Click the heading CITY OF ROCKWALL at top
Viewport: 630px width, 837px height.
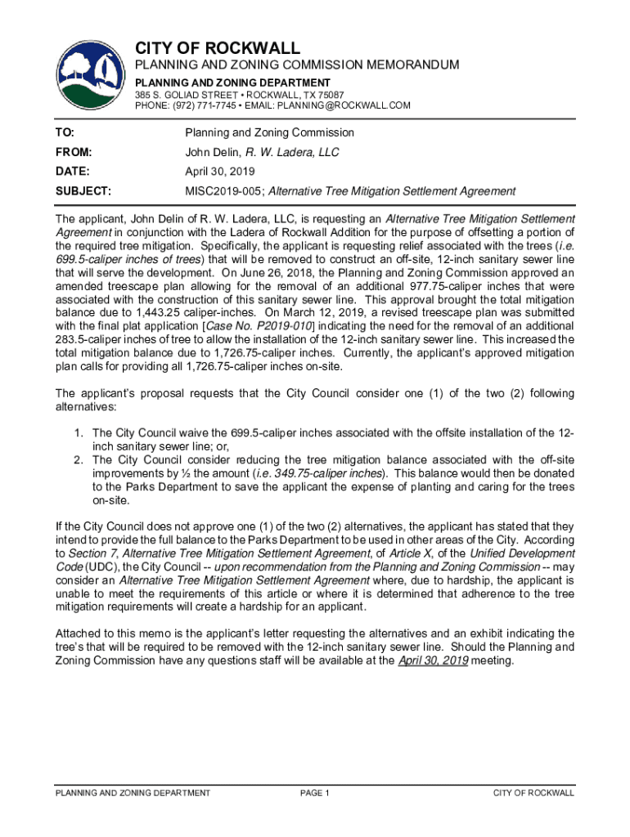point(218,47)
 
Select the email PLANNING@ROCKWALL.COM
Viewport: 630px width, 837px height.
point(344,105)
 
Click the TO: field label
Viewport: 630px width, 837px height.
point(64,132)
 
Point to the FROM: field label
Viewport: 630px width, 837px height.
point(73,152)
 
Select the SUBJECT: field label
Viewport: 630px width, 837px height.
point(83,191)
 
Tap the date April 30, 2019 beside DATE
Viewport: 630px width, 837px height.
point(220,172)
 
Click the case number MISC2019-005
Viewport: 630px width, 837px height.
point(223,191)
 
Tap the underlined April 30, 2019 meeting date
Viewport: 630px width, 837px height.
point(433,660)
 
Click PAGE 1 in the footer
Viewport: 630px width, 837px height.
point(315,793)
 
